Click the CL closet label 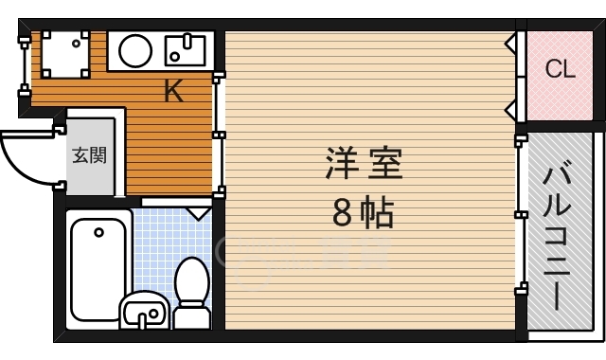(560, 69)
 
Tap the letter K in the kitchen (173, 92)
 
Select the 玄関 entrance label (86, 154)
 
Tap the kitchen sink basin (186, 47)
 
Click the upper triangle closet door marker (511, 43)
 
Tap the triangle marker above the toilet (198, 212)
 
